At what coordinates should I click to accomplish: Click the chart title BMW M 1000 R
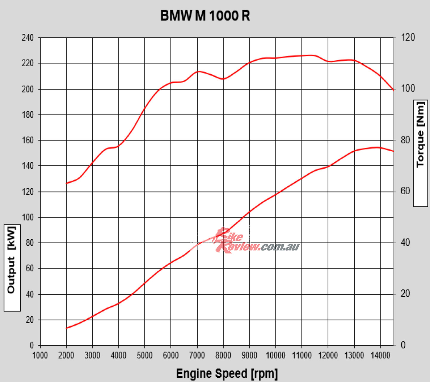pyautogui.click(x=205, y=16)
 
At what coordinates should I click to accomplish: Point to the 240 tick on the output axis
pyautogui.click(x=28, y=38)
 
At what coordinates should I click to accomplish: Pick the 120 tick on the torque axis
pyautogui.click(x=408, y=38)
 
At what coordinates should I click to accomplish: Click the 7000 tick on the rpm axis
pyautogui.click(x=197, y=355)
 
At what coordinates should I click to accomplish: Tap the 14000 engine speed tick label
pyautogui.click(x=380, y=355)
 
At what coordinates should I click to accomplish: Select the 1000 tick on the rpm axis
pyautogui.click(x=40, y=355)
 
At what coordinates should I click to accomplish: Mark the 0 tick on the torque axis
pyautogui.click(x=403, y=345)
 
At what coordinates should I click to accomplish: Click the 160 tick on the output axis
pyautogui.click(x=28, y=140)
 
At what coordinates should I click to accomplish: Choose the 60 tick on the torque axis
pyautogui.click(x=406, y=191)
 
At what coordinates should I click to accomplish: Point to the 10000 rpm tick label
pyautogui.click(x=275, y=355)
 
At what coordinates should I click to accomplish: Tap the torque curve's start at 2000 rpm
pyautogui.click(x=66, y=183)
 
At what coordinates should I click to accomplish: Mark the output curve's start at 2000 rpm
pyautogui.click(x=66, y=328)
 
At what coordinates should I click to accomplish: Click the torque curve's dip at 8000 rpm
pyautogui.click(x=223, y=79)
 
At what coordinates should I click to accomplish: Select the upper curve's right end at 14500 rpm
pyautogui.click(x=393, y=90)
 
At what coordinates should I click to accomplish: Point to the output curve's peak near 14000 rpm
pyautogui.click(x=377, y=147)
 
